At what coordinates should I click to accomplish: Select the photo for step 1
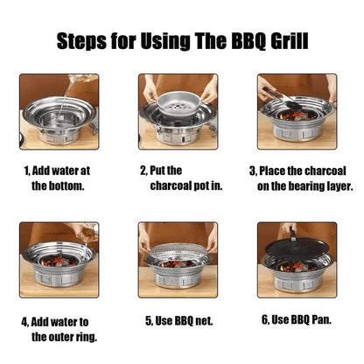pyautogui.click(x=59, y=111)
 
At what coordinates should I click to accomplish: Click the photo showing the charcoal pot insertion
pyautogui.click(x=178, y=111)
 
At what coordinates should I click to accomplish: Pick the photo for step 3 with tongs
pyautogui.click(x=296, y=111)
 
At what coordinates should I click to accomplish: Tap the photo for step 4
pyautogui.click(x=59, y=260)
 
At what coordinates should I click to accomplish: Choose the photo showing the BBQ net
pyautogui.click(x=178, y=260)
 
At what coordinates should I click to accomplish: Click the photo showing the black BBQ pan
pyautogui.click(x=296, y=260)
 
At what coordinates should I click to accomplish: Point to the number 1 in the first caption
pyautogui.click(x=25, y=171)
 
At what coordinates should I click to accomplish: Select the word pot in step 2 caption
pyautogui.click(x=204, y=186)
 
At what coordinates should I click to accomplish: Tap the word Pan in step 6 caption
pyautogui.click(x=321, y=320)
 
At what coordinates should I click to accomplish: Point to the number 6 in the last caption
pyautogui.click(x=263, y=320)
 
